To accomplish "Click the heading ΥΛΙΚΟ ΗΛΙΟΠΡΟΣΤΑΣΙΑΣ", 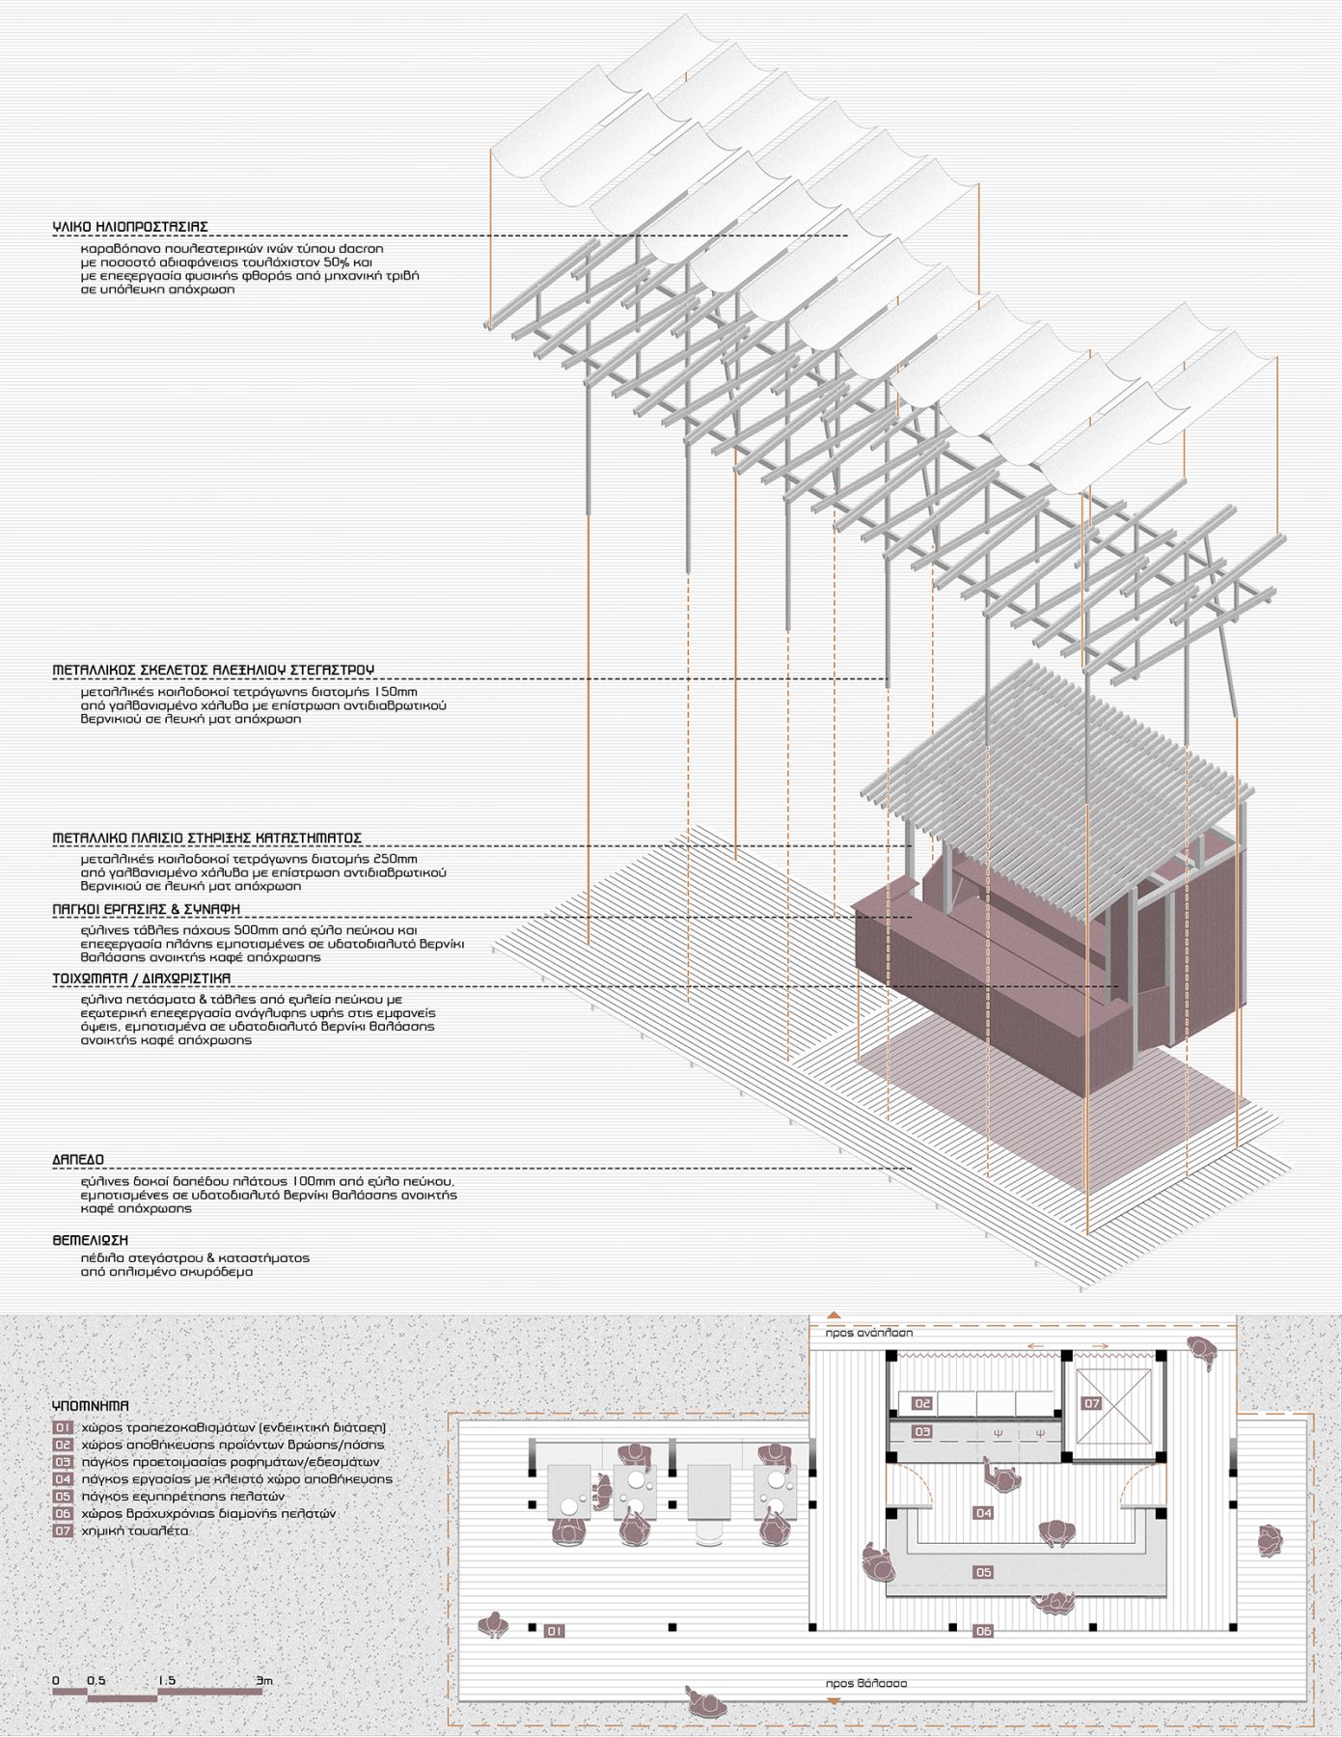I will click(x=130, y=227).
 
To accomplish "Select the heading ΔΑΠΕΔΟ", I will click(x=78, y=1159).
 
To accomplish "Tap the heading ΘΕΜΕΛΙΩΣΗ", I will click(x=90, y=1240).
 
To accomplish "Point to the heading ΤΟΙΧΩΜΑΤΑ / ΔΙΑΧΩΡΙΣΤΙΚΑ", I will click(x=142, y=979).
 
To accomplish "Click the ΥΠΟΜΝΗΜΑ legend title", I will click(x=91, y=1406).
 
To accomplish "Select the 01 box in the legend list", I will click(x=63, y=1427).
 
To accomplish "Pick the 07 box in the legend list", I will click(x=63, y=1530).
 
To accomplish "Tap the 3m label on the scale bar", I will click(x=265, y=1680).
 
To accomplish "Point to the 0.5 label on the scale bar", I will click(x=96, y=1680).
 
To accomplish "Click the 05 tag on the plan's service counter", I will click(x=983, y=1572).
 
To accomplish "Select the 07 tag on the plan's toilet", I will click(x=1091, y=1403).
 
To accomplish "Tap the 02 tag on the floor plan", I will click(x=922, y=1403).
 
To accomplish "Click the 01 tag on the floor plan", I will click(x=554, y=1631).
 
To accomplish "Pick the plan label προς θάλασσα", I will click(x=865, y=1683).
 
